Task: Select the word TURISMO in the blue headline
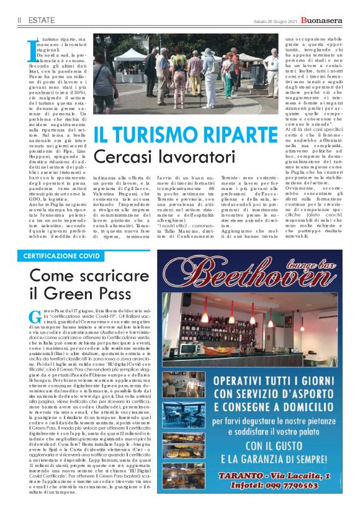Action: pos(142,135)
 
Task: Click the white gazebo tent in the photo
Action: pos(127,58)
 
